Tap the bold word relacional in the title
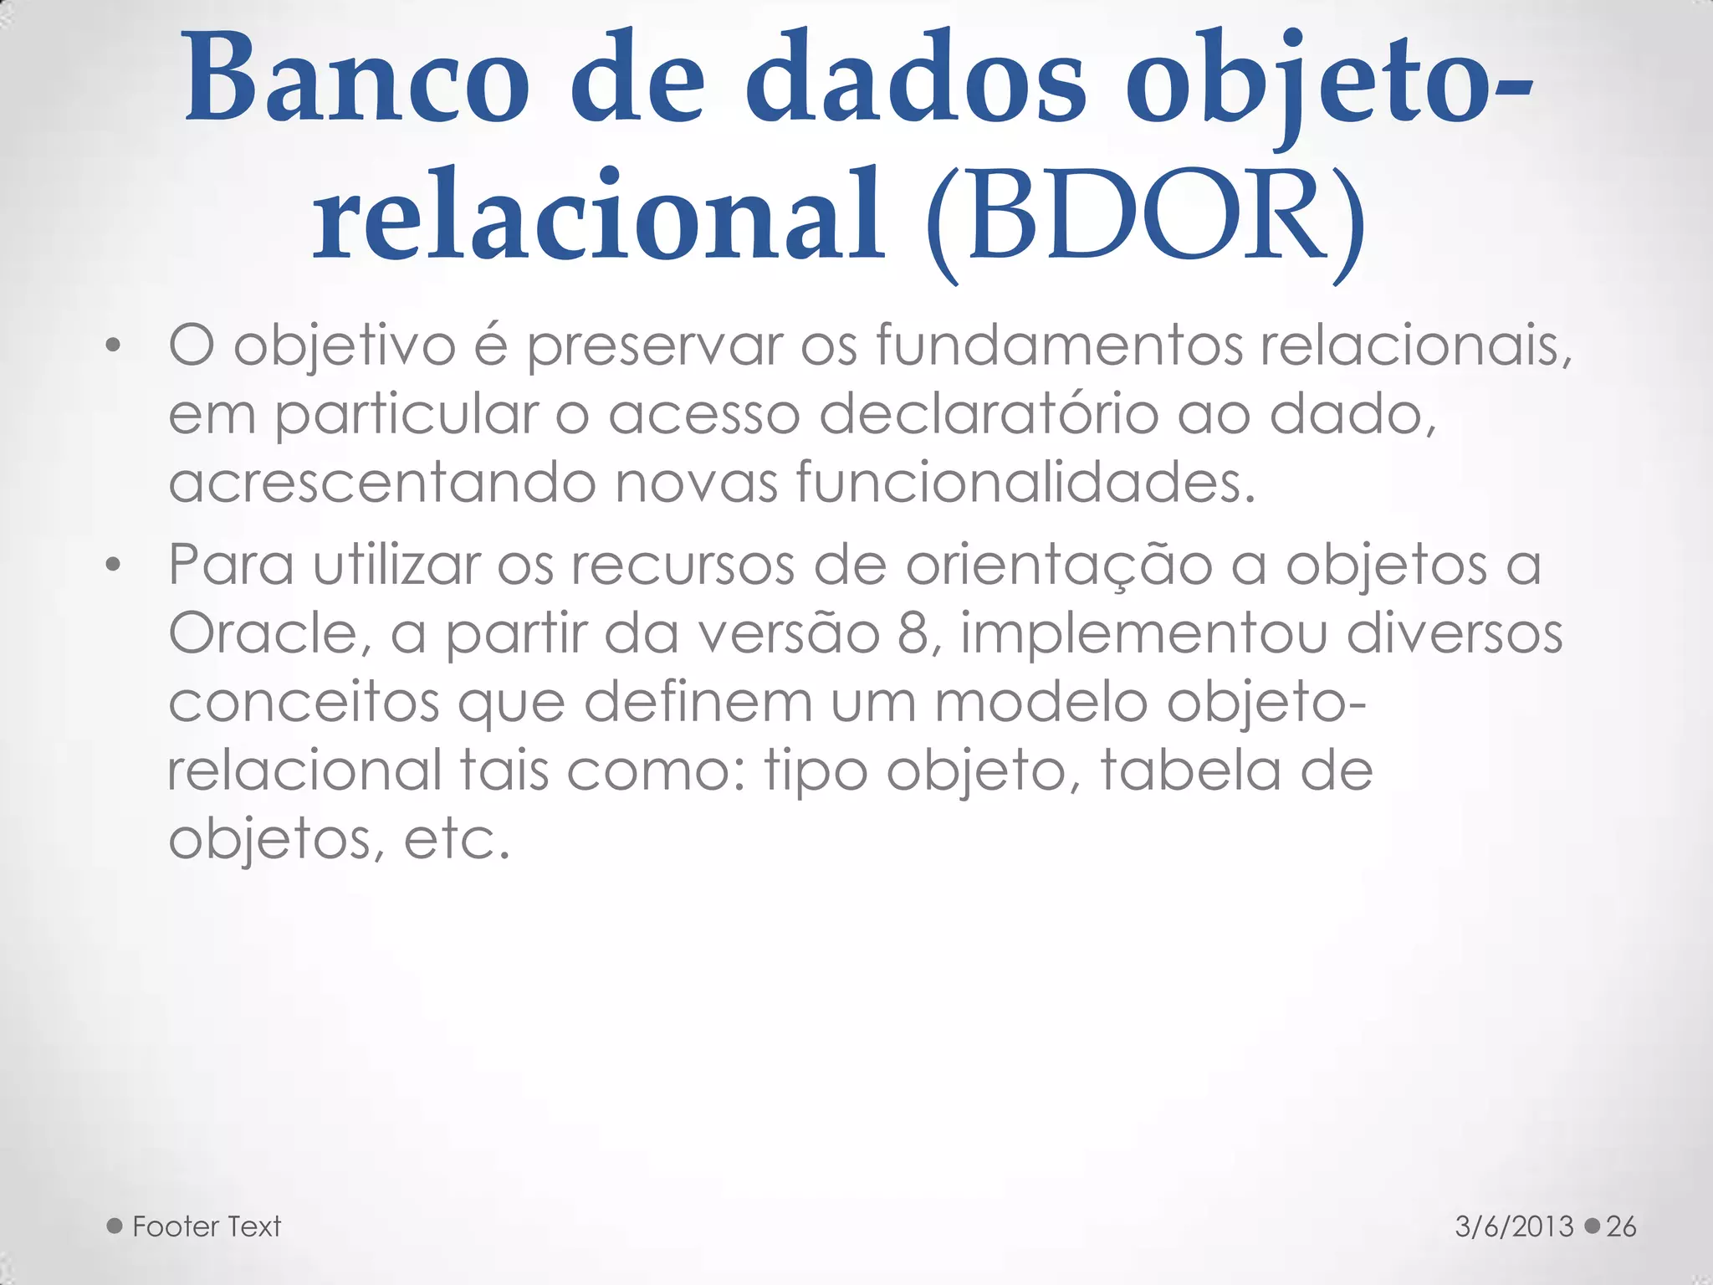click(x=598, y=215)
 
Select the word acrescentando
click(x=381, y=483)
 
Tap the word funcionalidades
click(x=1025, y=483)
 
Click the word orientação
click(x=1059, y=566)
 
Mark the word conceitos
click(x=304, y=703)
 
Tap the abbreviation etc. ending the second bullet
click(x=457, y=839)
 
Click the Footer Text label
click(x=207, y=1226)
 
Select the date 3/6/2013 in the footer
click(x=1515, y=1226)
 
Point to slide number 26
click(x=1621, y=1226)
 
